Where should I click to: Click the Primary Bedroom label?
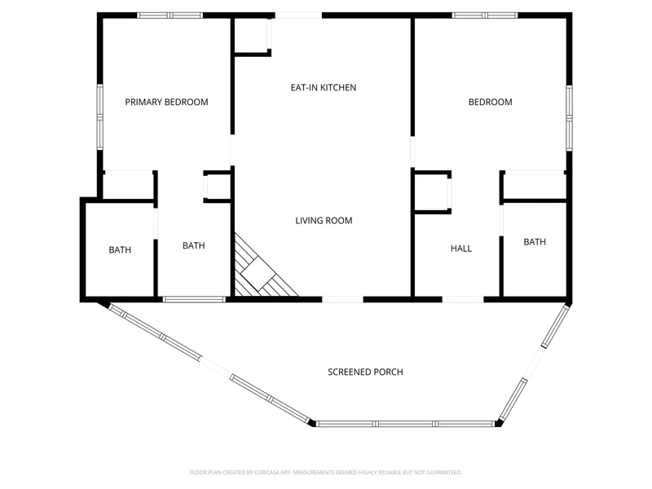(x=166, y=102)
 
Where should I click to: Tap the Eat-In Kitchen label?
(x=323, y=87)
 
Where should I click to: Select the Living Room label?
(x=324, y=220)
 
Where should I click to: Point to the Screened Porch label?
(x=365, y=372)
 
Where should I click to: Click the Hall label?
(x=461, y=249)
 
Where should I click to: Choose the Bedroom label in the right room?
(x=491, y=102)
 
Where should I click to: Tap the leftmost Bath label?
(x=120, y=249)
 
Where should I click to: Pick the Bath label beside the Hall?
(x=535, y=241)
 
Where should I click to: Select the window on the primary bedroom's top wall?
(x=170, y=15)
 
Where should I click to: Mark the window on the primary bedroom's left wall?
(x=99, y=117)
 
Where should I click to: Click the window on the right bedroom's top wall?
(x=485, y=15)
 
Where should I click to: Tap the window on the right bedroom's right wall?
(x=569, y=118)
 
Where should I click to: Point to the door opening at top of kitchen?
(x=298, y=15)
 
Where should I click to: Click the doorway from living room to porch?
(x=342, y=299)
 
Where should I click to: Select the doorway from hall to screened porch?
(x=463, y=299)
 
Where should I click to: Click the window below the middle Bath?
(x=194, y=299)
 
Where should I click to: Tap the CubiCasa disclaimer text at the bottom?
(x=325, y=473)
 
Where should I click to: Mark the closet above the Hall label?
(x=431, y=192)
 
